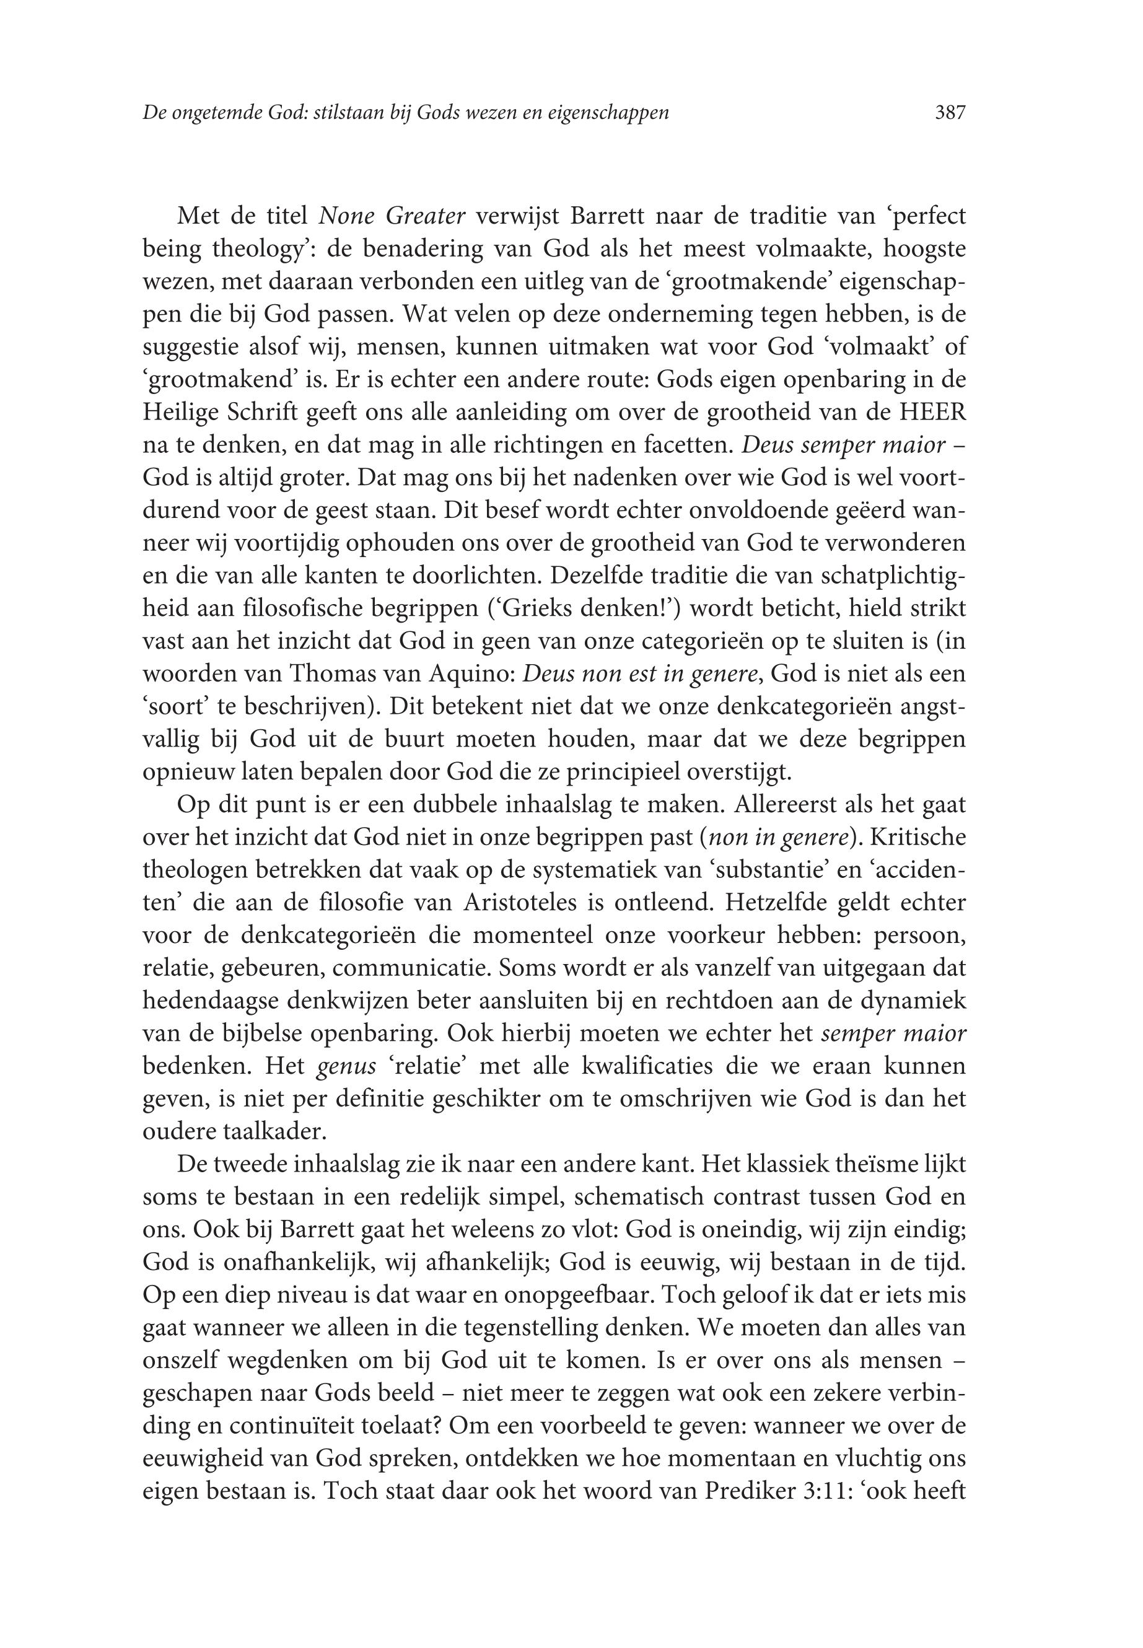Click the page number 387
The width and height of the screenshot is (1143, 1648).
click(x=950, y=112)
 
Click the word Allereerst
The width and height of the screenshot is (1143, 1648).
click(x=789, y=804)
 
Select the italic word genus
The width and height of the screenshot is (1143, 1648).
click(x=347, y=1066)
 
